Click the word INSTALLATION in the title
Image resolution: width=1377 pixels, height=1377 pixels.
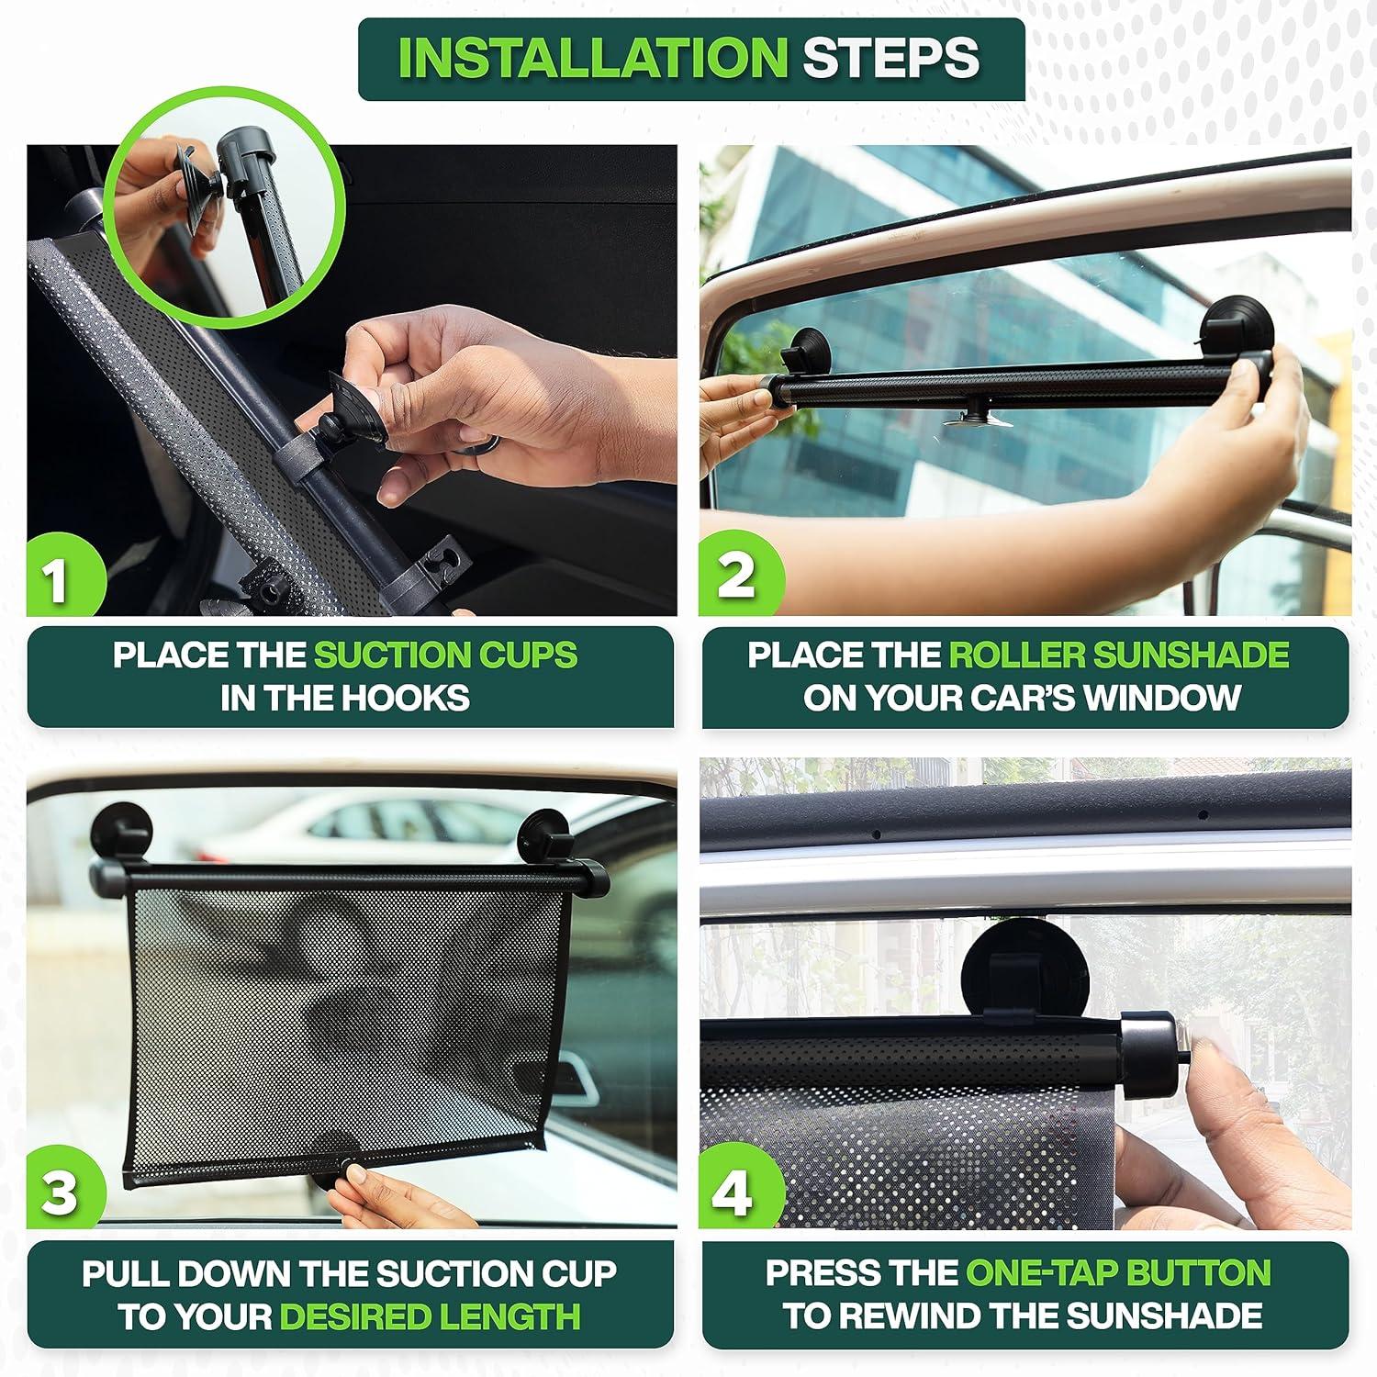593,58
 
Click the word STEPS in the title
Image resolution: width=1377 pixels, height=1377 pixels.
891,58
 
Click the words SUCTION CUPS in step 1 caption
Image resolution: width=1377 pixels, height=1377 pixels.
446,655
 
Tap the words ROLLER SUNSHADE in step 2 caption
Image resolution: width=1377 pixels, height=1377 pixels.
1119,655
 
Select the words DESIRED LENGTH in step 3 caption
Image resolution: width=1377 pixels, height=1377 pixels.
430,1316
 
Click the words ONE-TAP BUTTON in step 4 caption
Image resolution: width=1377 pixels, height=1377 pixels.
1118,1273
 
